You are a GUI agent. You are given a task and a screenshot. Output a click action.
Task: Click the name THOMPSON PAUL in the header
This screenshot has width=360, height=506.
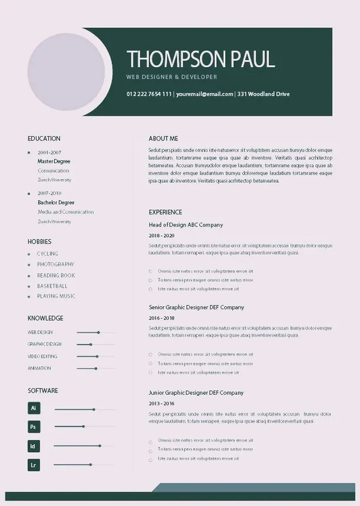[x=201, y=59]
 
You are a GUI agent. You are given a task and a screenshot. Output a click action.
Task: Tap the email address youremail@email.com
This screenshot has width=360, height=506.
[x=204, y=94]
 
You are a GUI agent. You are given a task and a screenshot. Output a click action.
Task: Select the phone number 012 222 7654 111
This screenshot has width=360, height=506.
[x=149, y=94]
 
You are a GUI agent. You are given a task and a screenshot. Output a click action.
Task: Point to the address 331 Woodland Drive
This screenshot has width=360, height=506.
[x=264, y=94]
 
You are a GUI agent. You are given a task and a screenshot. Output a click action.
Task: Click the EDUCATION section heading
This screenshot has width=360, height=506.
[x=44, y=139]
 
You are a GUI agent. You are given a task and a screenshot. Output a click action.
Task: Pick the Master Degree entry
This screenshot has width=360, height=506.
[x=54, y=161]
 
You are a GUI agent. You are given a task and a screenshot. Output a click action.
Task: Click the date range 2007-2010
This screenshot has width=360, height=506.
[x=49, y=193]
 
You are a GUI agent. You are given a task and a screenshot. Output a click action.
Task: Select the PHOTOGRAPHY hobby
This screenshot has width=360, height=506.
[x=56, y=264]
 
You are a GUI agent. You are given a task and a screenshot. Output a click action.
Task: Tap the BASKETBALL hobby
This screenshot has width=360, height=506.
[x=53, y=286]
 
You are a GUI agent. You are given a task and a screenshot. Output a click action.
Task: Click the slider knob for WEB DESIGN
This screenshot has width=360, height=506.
[x=98, y=332]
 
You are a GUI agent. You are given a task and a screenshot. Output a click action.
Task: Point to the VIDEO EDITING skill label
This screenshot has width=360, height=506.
[x=42, y=356]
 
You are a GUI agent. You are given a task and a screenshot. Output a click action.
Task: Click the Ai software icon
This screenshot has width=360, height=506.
[x=34, y=408]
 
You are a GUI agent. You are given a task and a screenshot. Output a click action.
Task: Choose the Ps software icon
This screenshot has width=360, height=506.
[x=34, y=427]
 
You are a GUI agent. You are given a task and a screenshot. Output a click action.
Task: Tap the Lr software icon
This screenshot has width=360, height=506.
[x=34, y=465]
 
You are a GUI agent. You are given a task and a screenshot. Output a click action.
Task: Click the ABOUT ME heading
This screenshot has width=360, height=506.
[x=163, y=139]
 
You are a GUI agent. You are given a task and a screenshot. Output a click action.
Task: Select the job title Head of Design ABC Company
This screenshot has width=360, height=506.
[x=185, y=225]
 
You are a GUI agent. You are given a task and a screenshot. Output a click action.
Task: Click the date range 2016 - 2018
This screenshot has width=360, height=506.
[x=161, y=318]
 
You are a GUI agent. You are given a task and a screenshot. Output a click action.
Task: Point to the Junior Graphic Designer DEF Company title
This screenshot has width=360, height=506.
[x=196, y=393]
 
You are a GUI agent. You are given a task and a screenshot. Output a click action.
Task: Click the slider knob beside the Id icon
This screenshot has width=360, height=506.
[x=99, y=446]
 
